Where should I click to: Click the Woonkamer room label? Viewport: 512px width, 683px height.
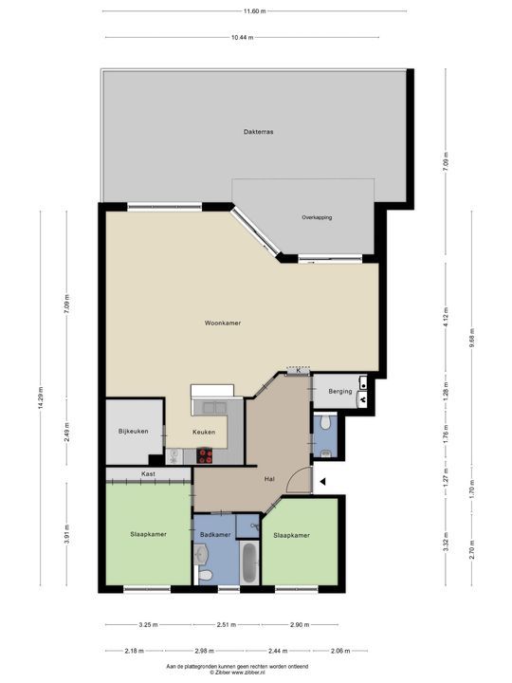(x=223, y=323)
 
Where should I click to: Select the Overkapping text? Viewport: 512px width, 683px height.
(x=318, y=217)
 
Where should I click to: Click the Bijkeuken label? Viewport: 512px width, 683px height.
(x=134, y=431)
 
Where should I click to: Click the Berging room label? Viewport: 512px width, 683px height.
(x=340, y=391)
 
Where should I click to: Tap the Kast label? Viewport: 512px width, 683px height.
(x=148, y=473)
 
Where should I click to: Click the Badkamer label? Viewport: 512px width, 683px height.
(x=215, y=535)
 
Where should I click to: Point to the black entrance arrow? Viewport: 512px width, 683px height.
(x=322, y=482)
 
